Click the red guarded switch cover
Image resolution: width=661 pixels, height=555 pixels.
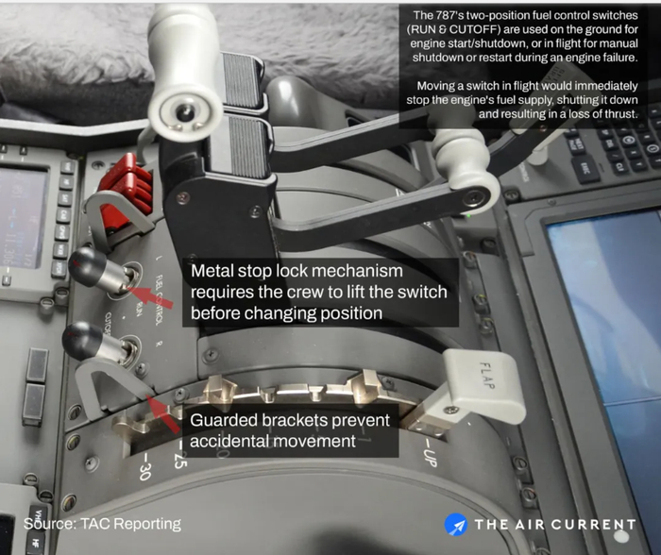(126, 185)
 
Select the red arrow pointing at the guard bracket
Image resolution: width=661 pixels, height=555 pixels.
(165, 415)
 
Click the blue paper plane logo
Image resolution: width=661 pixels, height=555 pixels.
(456, 525)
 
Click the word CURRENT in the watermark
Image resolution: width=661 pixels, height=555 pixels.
(593, 525)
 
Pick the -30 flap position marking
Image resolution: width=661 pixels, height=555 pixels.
(144, 466)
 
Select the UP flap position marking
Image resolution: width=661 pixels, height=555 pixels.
(429, 453)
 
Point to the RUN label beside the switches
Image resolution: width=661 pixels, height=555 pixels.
(138, 309)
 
